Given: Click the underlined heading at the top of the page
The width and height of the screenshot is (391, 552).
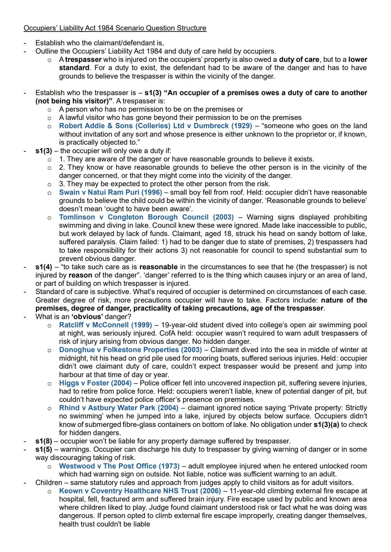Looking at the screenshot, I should point(115,28).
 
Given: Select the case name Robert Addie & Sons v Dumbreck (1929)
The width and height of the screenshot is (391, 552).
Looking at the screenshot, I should point(155,126).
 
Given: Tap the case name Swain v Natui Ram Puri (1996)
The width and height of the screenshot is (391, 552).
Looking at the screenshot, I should point(110,192).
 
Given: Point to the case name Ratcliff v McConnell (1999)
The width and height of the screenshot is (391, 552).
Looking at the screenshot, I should point(105,325).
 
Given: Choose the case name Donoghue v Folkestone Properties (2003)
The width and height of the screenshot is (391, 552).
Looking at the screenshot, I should point(130,350).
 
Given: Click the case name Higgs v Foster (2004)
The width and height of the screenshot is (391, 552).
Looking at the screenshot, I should point(95,383).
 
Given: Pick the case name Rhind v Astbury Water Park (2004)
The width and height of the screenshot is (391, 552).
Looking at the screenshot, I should point(119,408).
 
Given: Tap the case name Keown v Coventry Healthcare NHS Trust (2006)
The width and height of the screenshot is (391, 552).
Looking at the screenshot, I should point(140,491).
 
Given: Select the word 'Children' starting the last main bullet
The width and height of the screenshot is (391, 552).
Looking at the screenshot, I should point(49,483).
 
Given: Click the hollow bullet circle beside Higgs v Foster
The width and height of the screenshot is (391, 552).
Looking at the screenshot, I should point(50,383).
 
